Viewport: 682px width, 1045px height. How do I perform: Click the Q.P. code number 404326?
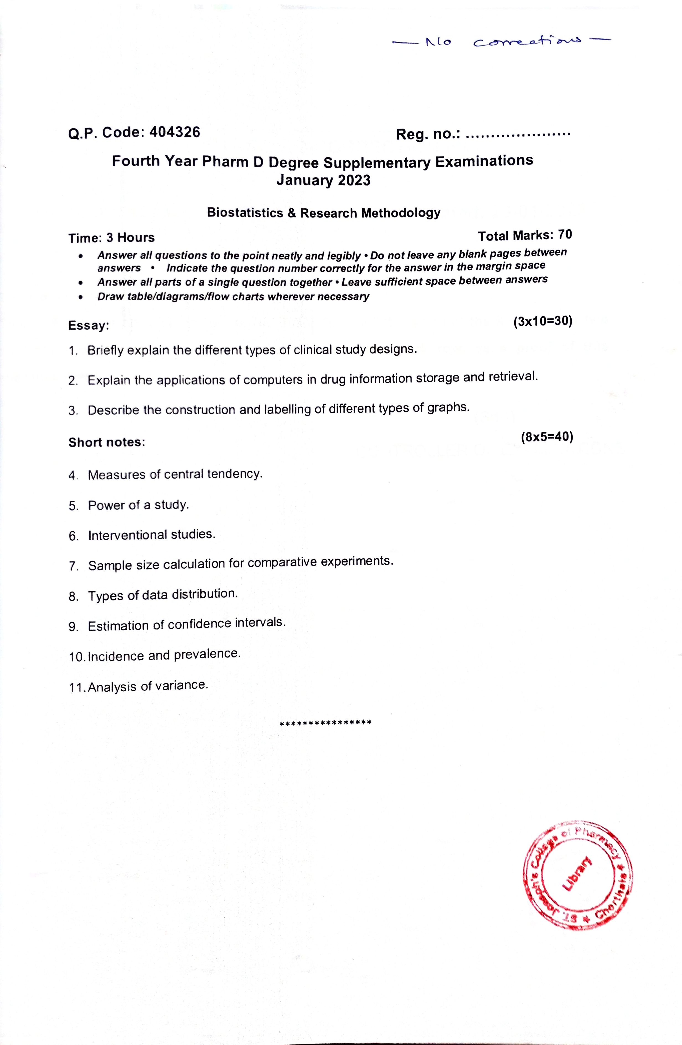tap(175, 132)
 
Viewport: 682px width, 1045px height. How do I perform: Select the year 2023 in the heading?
tap(354, 181)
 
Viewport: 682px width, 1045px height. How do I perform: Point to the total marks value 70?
tap(565, 235)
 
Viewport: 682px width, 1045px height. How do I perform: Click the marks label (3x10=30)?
tap(543, 321)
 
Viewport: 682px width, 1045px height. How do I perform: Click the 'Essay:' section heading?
tap(89, 326)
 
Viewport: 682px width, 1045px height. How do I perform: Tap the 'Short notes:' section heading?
tap(107, 442)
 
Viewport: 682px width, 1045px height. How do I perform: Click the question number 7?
tap(73, 566)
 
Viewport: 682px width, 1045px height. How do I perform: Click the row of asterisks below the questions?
tap(326, 722)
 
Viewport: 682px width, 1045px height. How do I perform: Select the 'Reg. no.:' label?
tap(428, 134)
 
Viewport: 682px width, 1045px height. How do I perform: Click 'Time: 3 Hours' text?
tap(112, 238)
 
